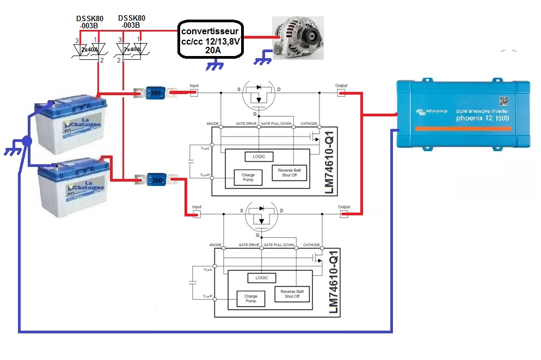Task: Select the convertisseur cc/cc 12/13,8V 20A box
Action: (x=211, y=39)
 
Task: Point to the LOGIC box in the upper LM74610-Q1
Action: (x=259, y=157)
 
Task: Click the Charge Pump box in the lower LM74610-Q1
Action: (x=250, y=299)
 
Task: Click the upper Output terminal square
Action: (x=341, y=94)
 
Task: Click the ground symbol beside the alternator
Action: (x=264, y=58)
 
